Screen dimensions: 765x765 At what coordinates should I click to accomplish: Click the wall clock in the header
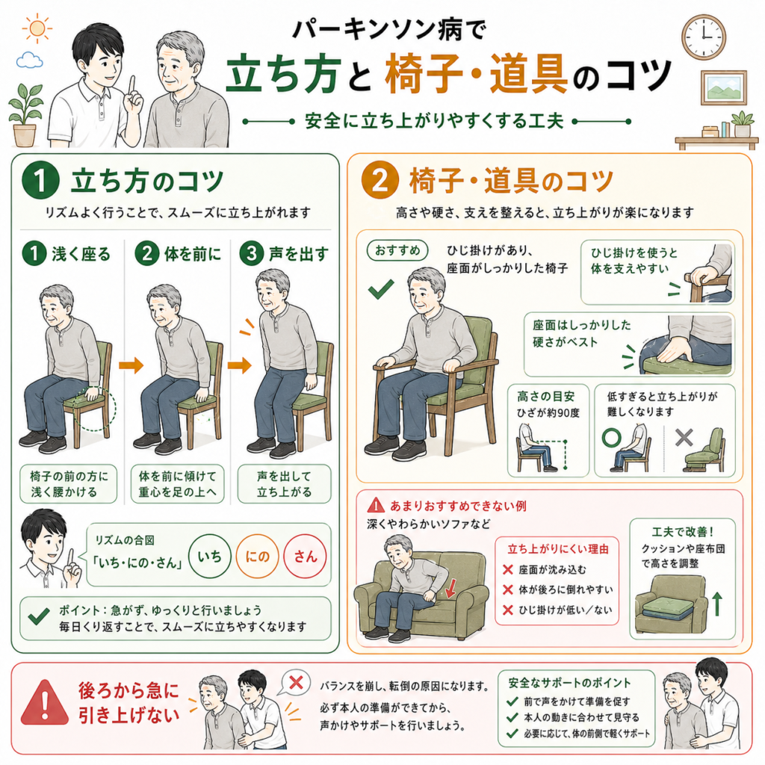[704, 37]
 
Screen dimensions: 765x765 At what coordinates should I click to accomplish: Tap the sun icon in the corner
[37, 28]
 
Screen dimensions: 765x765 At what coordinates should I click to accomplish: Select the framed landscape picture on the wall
[723, 88]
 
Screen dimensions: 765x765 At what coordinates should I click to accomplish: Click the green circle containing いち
[210, 556]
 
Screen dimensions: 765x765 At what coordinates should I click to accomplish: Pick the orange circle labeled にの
[257, 556]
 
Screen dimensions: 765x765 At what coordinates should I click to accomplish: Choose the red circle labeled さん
[305, 556]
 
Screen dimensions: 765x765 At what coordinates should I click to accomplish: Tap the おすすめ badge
[397, 251]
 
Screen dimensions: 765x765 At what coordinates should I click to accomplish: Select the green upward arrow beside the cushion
[717, 604]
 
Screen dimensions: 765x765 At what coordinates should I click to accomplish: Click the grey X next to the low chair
[684, 438]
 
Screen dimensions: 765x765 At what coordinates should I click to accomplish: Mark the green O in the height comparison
[611, 438]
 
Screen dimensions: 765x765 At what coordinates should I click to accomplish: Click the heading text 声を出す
[299, 254]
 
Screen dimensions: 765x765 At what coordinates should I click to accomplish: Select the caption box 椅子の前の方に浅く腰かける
[68, 483]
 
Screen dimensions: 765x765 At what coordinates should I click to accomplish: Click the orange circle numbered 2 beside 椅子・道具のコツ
[380, 180]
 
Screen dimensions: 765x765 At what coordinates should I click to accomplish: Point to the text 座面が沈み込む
[552, 569]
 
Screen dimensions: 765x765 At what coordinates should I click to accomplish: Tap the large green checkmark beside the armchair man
[381, 288]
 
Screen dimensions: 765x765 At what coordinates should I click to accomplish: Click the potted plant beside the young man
[25, 115]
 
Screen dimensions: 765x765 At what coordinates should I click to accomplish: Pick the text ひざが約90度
[548, 413]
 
